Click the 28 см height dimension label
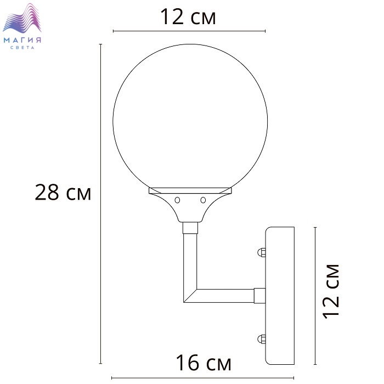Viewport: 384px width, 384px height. pyautogui.click(x=63, y=193)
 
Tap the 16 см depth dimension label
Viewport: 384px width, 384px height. pyautogui.click(x=204, y=363)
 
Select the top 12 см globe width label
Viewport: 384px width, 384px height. pyautogui.click(x=188, y=16)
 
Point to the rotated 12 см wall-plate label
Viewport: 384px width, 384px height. pyautogui.click(x=331, y=291)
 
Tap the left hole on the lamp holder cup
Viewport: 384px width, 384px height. pyautogui.click(x=177, y=200)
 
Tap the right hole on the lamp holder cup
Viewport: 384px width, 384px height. pyautogui.click(x=203, y=200)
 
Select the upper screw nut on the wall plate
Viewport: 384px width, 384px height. pyautogui.click(x=262, y=252)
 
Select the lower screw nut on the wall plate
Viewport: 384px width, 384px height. pyautogui.click(x=262, y=339)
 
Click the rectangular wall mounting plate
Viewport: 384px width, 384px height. pyautogui.click(x=280, y=296)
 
